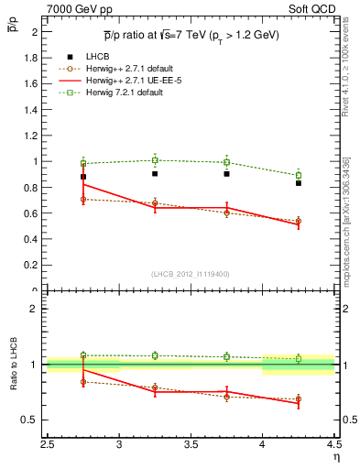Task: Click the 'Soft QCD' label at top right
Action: coord(317,9)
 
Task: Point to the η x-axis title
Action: coord(336,455)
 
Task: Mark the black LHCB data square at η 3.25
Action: coord(155,173)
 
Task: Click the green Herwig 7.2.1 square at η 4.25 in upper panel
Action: coord(298,175)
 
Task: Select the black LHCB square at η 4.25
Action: coord(298,183)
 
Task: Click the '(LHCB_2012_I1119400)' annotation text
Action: coord(191,274)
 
